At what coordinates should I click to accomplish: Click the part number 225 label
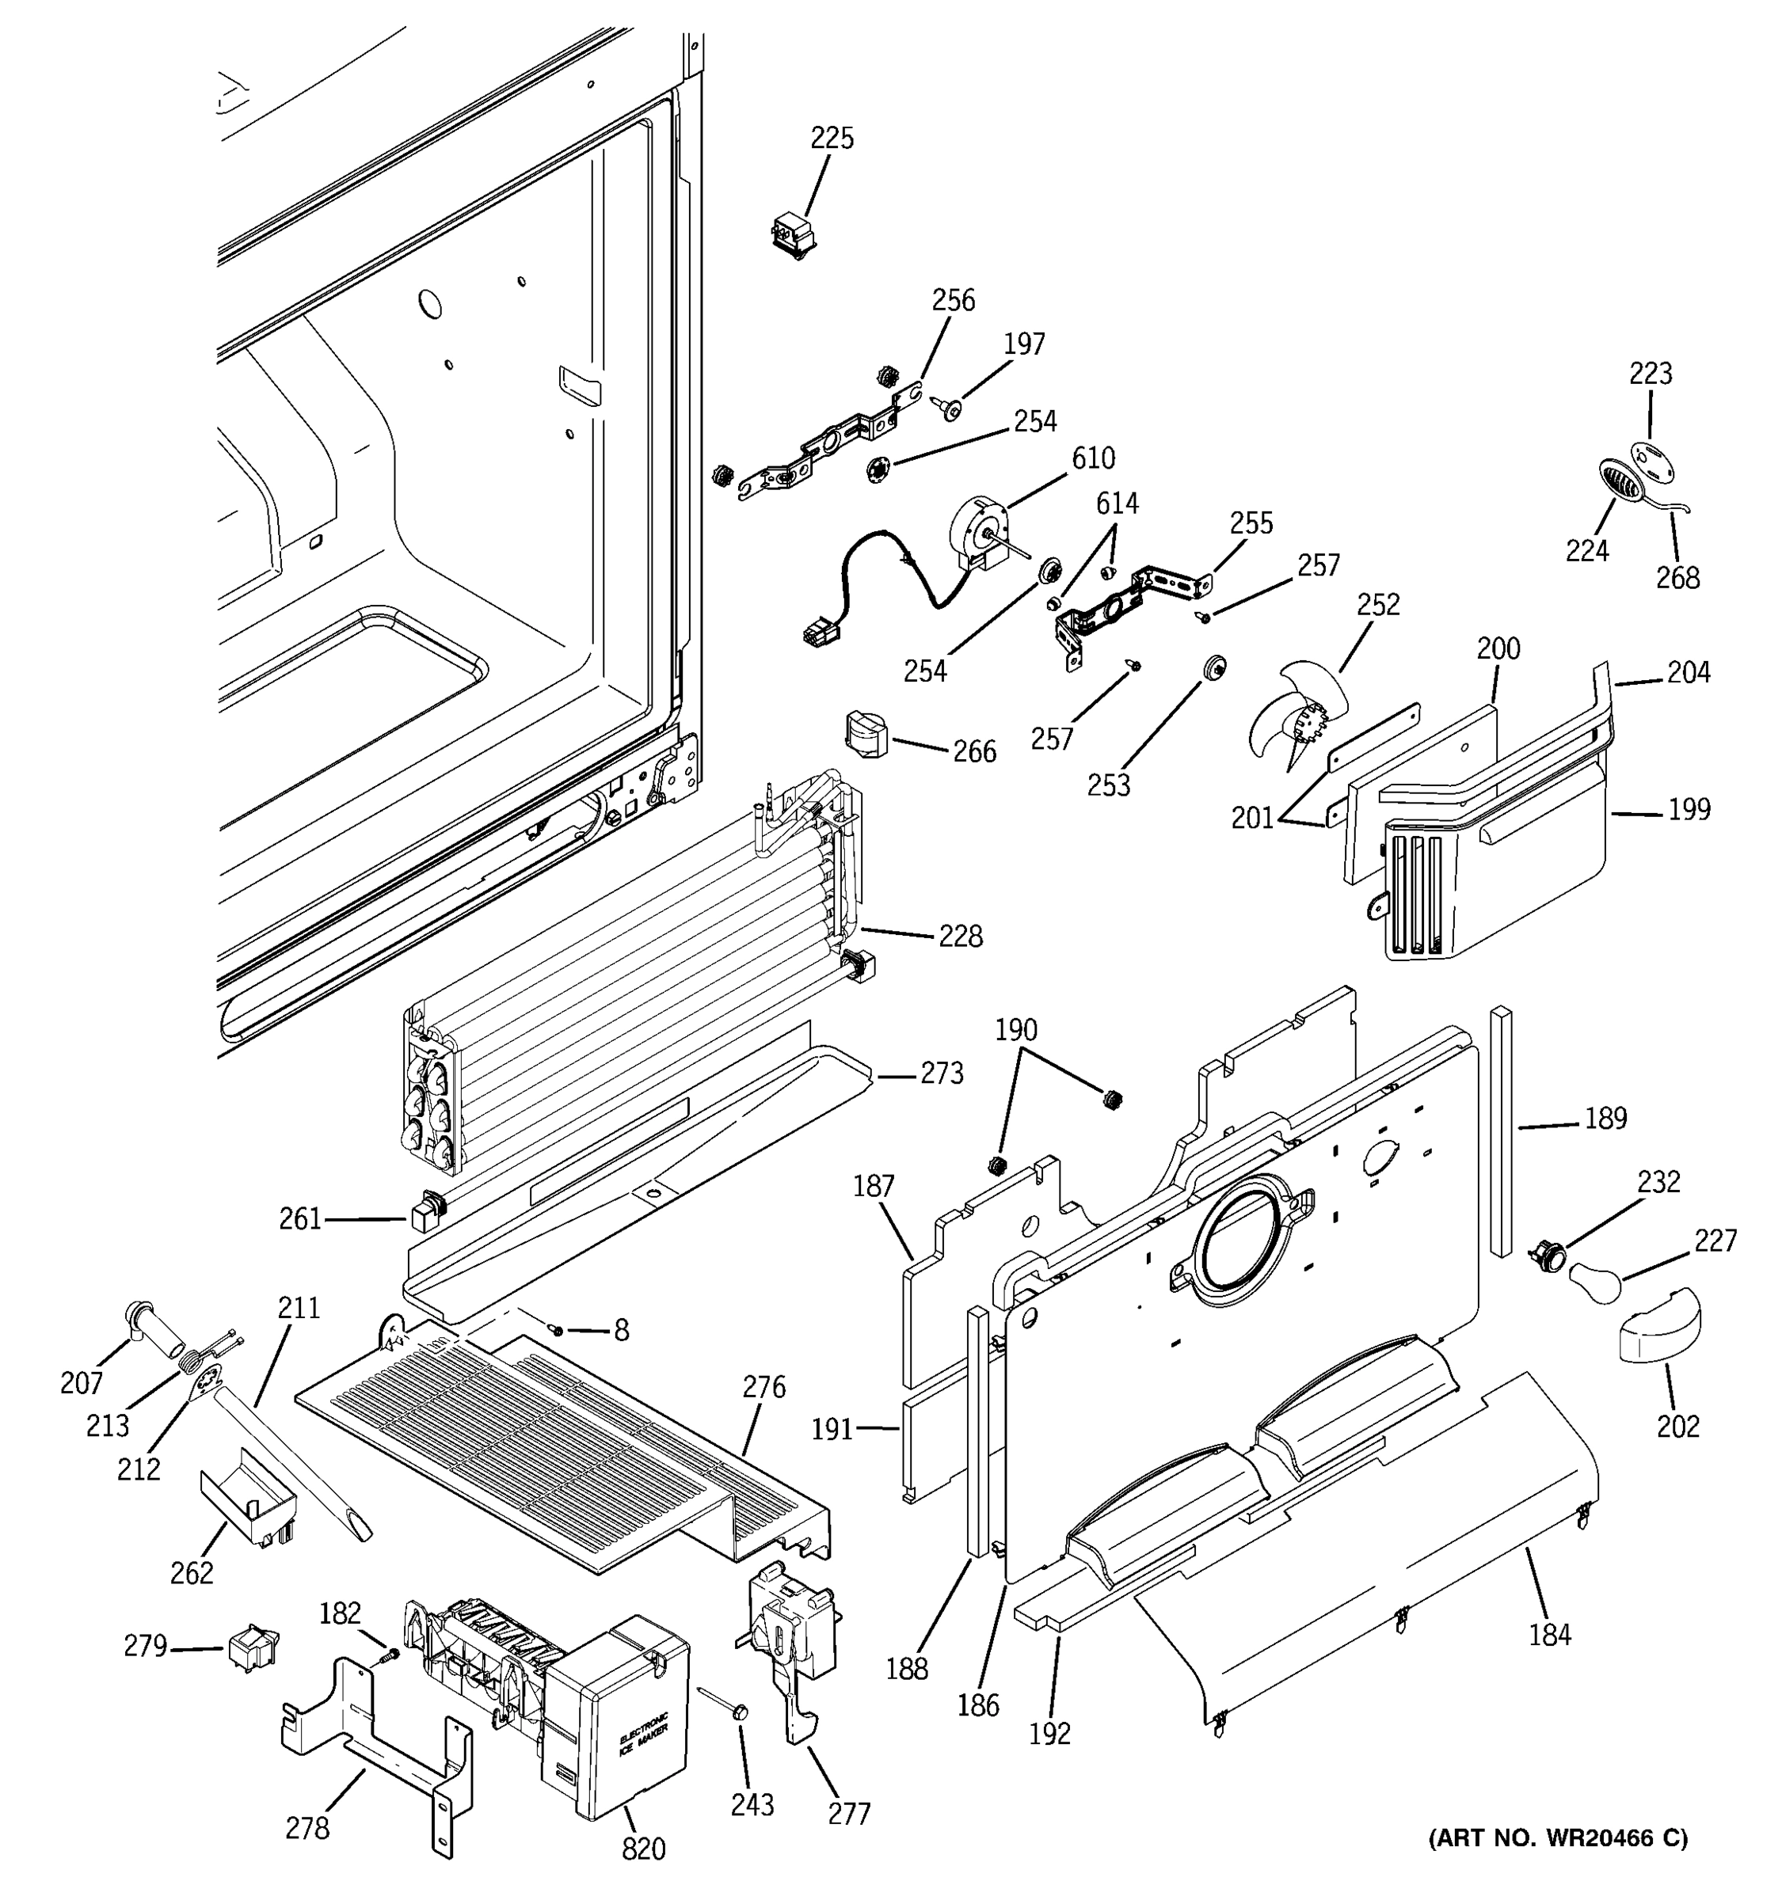point(832,139)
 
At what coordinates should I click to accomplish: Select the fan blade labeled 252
point(1291,716)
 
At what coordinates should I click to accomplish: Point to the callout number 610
point(1093,458)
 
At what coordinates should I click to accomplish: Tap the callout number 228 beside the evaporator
point(960,936)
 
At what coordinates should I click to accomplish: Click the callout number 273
point(941,1074)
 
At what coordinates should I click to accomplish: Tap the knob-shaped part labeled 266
point(866,734)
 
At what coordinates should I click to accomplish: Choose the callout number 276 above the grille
point(763,1387)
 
